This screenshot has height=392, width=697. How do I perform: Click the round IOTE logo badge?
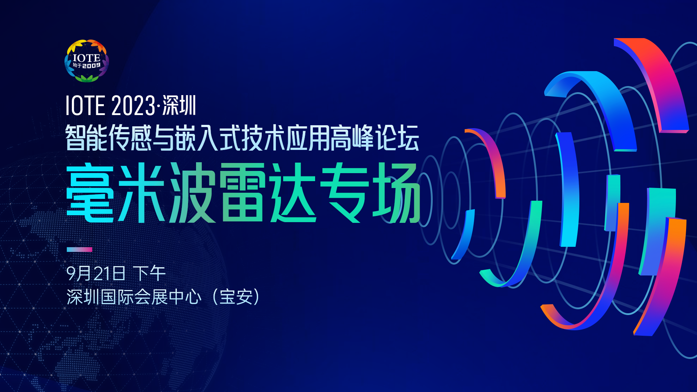point(86,61)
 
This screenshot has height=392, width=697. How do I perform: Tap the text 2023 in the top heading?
point(133,106)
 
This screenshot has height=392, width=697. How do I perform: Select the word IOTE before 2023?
point(85,106)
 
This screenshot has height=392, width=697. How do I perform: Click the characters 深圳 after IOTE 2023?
point(179,106)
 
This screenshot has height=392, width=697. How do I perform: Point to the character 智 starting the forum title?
point(76,138)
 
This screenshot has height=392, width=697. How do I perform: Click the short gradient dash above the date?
point(79,249)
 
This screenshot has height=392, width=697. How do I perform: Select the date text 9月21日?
point(96,273)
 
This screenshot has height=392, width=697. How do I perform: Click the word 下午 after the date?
point(149,273)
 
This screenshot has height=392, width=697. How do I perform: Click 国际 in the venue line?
point(117,297)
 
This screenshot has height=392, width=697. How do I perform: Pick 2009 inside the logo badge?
point(91,65)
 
